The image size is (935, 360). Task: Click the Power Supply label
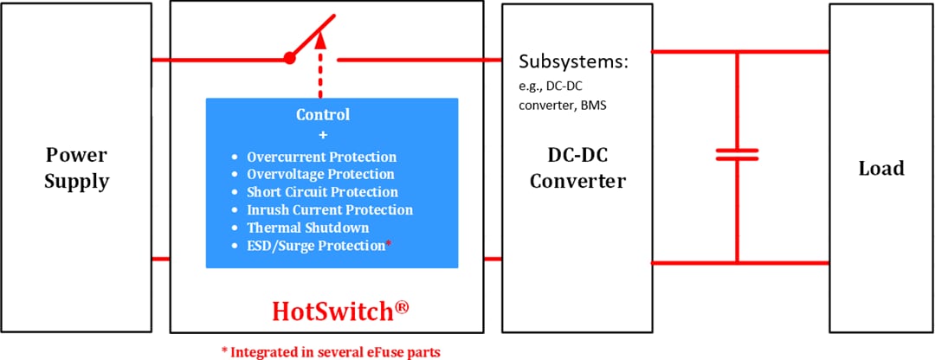click(x=77, y=168)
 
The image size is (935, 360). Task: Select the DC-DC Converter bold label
click(x=577, y=168)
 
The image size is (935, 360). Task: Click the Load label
click(x=880, y=168)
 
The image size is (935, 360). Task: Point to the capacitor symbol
click(x=737, y=155)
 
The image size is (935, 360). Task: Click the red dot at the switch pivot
click(x=289, y=60)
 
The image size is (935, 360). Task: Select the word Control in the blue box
click(x=323, y=114)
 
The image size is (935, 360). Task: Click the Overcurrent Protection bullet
click(x=321, y=157)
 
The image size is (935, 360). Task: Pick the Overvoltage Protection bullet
click(x=319, y=175)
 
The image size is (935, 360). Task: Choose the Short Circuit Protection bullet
click(x=322, y=192)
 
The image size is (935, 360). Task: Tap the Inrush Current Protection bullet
click(x=329, y=209)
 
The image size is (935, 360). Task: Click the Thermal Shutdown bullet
click(x=307, y=228)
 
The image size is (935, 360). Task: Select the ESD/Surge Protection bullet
click(x=315, y=246)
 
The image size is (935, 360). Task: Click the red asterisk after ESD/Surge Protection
click(x=389, y=244)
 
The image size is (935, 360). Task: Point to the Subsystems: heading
click(x=572, y=62)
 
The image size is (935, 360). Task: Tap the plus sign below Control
click(x=323, y=135)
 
